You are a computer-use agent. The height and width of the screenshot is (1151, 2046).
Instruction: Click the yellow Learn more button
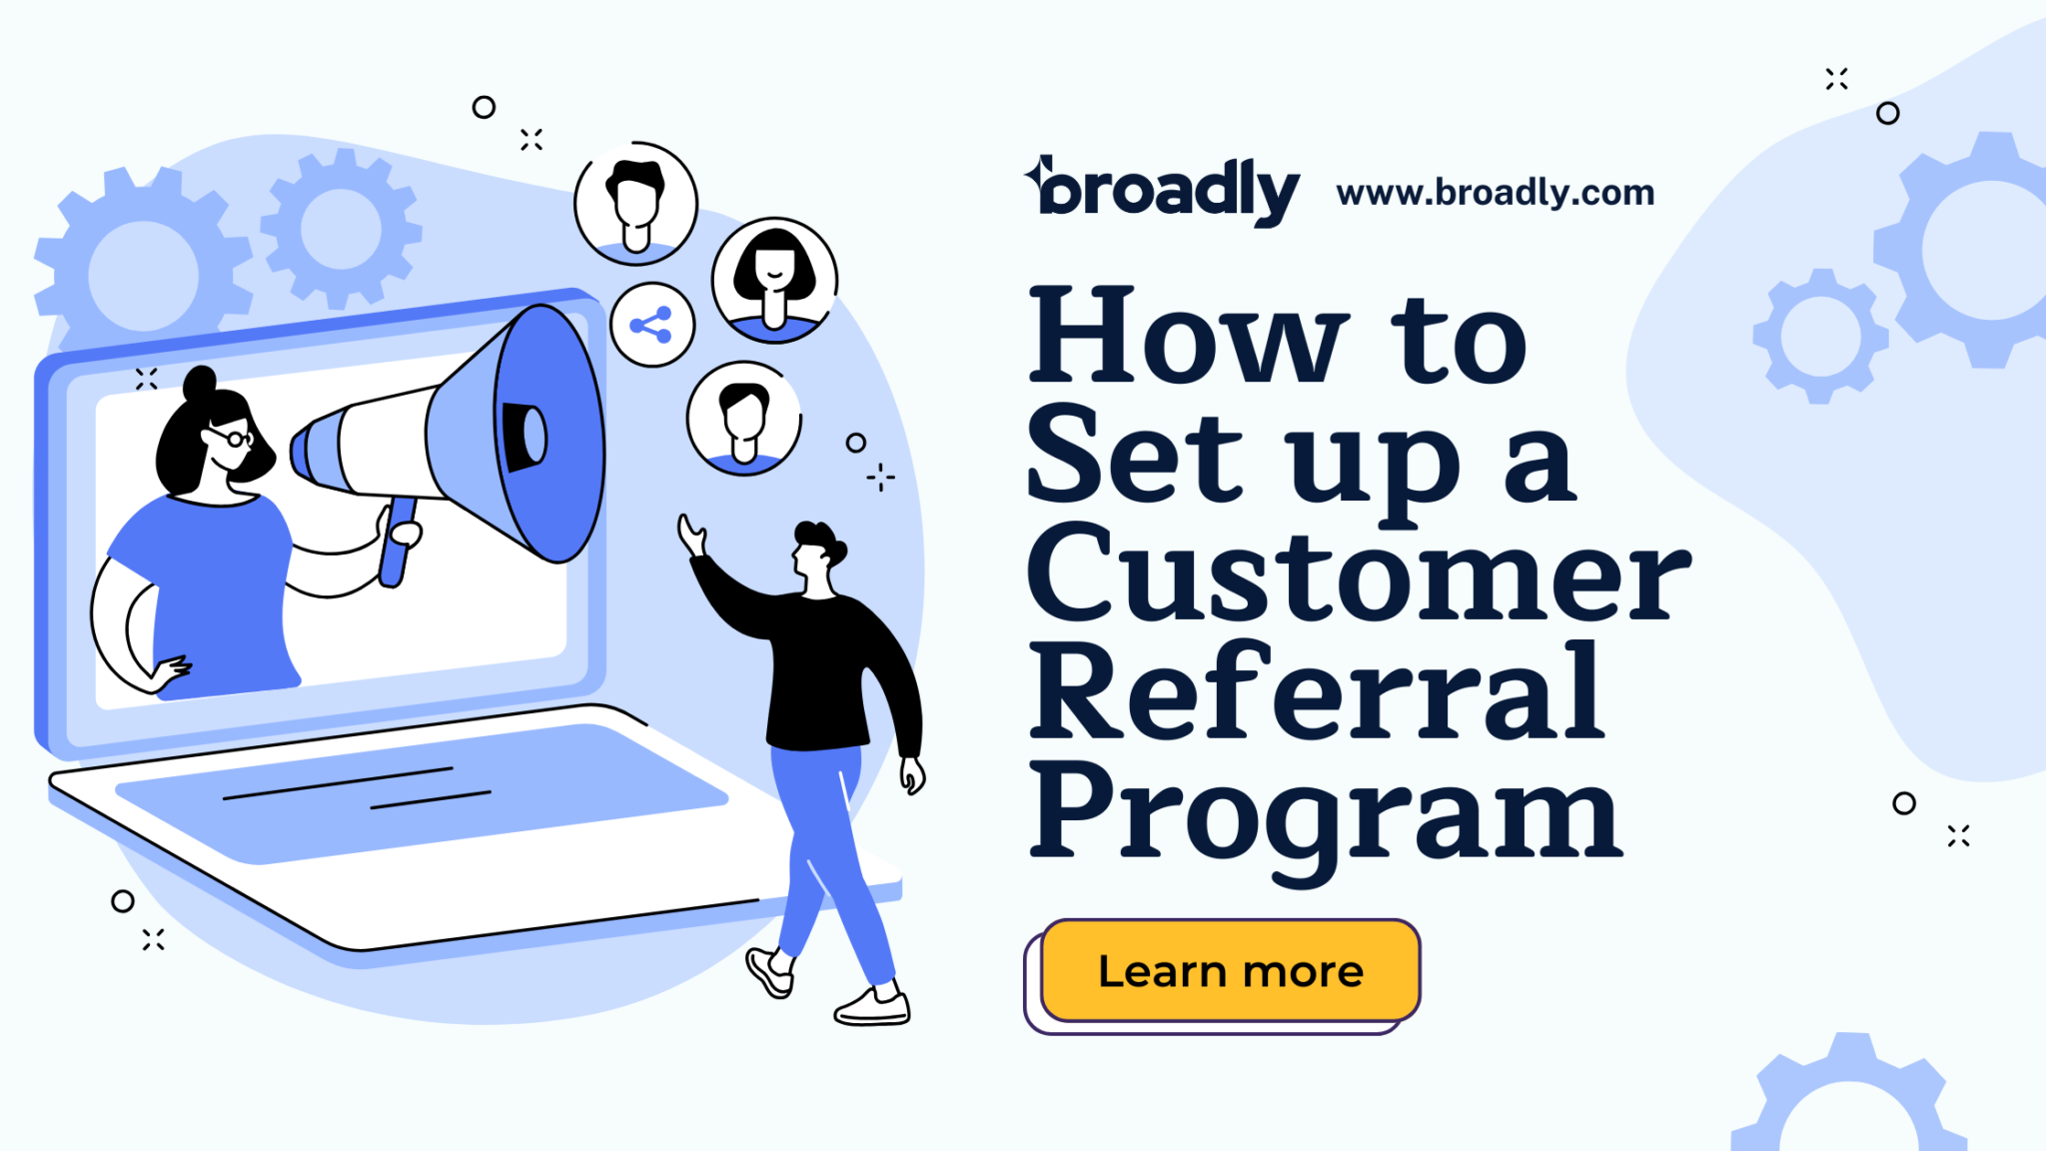[1230, 970]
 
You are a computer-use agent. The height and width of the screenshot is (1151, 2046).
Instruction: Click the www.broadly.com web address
[1495, 192]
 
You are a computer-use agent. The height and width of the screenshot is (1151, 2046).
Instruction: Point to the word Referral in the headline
[1317, 691]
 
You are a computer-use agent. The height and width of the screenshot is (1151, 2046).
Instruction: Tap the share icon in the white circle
[651, 325]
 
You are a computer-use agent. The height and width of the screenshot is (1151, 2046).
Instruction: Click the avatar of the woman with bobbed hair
[774, 280]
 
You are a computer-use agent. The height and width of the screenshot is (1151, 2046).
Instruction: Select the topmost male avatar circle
[635, 204]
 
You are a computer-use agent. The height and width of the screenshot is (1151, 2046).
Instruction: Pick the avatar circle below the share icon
[744, 419]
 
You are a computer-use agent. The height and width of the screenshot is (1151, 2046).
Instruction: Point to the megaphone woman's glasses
[232, 438]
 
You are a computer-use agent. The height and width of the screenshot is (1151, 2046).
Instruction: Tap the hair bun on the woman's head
[200, 382]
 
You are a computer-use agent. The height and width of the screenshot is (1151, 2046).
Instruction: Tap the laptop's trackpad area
[420, 789]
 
